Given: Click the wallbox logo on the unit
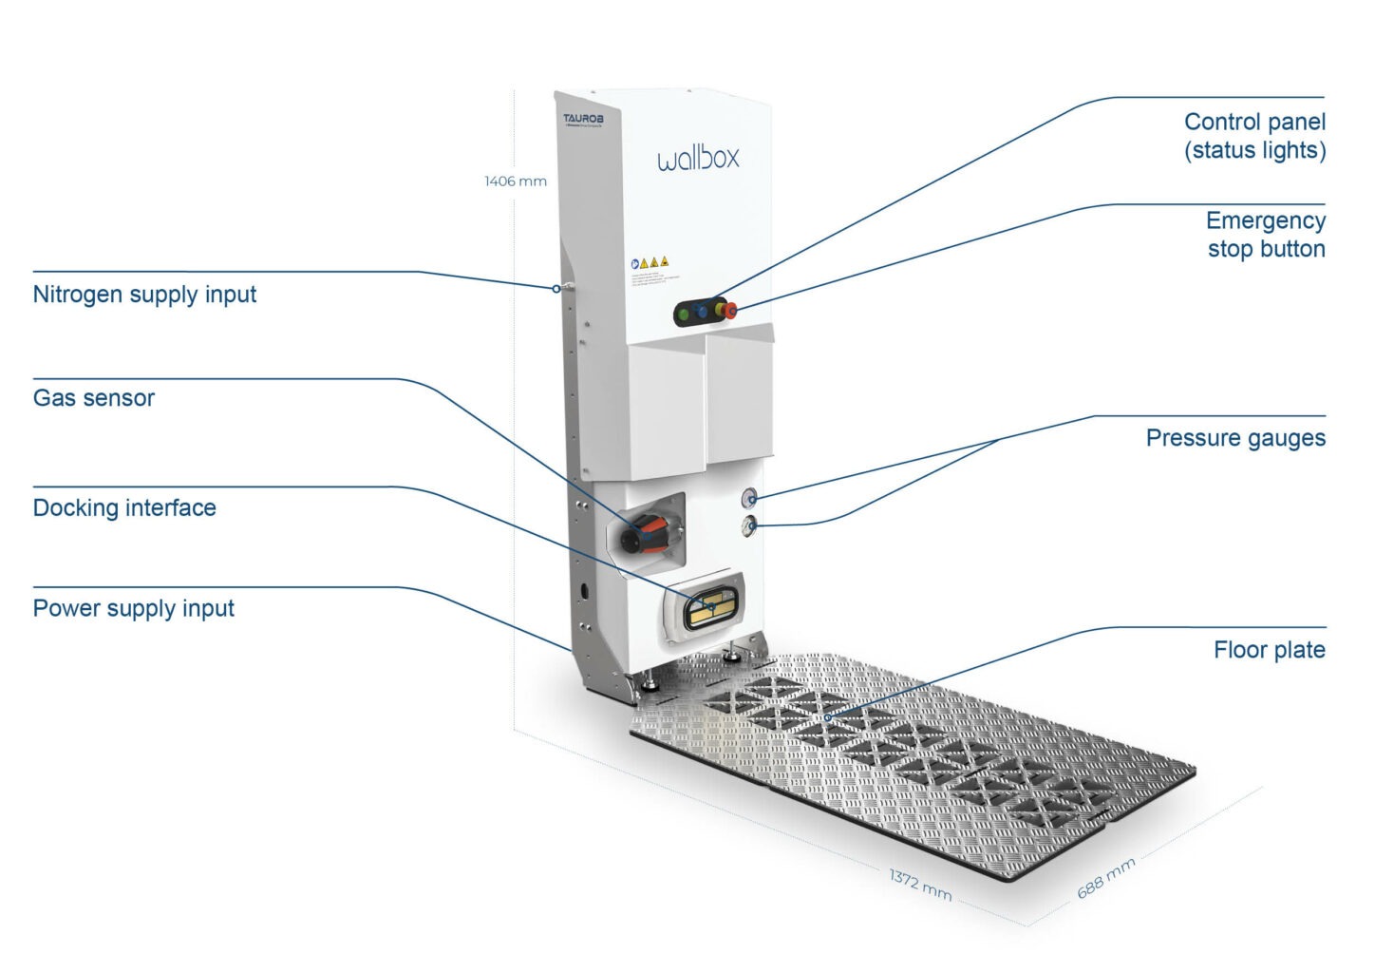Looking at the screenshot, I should click(697, 158).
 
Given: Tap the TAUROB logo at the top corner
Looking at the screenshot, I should click(583, 120).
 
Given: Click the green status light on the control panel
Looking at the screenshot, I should click(684, 314).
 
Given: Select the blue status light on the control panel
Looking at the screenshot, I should click(703, 312).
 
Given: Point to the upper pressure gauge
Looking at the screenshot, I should click(749, 496).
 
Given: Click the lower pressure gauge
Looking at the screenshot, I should click(750, 525).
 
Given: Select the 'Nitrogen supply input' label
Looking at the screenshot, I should click(144, 295).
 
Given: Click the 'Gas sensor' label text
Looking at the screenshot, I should click(93, 398).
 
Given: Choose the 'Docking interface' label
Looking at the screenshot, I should click(124, 508).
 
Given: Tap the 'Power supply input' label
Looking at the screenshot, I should click(133, 609).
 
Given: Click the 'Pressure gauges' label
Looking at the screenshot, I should click(1234, 438).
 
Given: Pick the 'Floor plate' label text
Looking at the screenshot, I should click(1269, 650).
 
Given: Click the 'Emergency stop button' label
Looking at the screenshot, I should click(1265, 235).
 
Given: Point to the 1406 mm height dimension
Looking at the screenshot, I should click(515, 181).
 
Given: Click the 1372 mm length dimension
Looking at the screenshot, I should click(919, 885).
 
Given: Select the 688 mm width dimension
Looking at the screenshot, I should click(1105, 878).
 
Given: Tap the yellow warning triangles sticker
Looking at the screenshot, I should click(652, 262).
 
